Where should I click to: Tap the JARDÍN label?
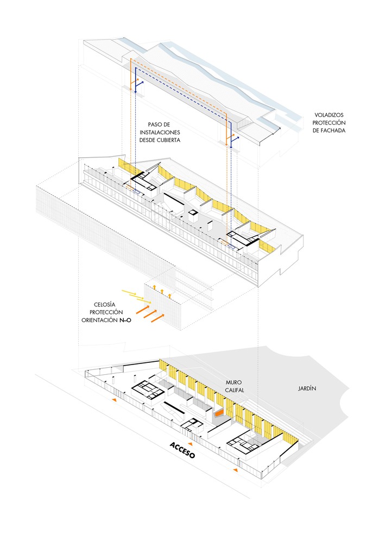306,388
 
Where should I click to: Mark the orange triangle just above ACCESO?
191,429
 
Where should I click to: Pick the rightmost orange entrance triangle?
235,469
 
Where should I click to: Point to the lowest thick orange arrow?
157,317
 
